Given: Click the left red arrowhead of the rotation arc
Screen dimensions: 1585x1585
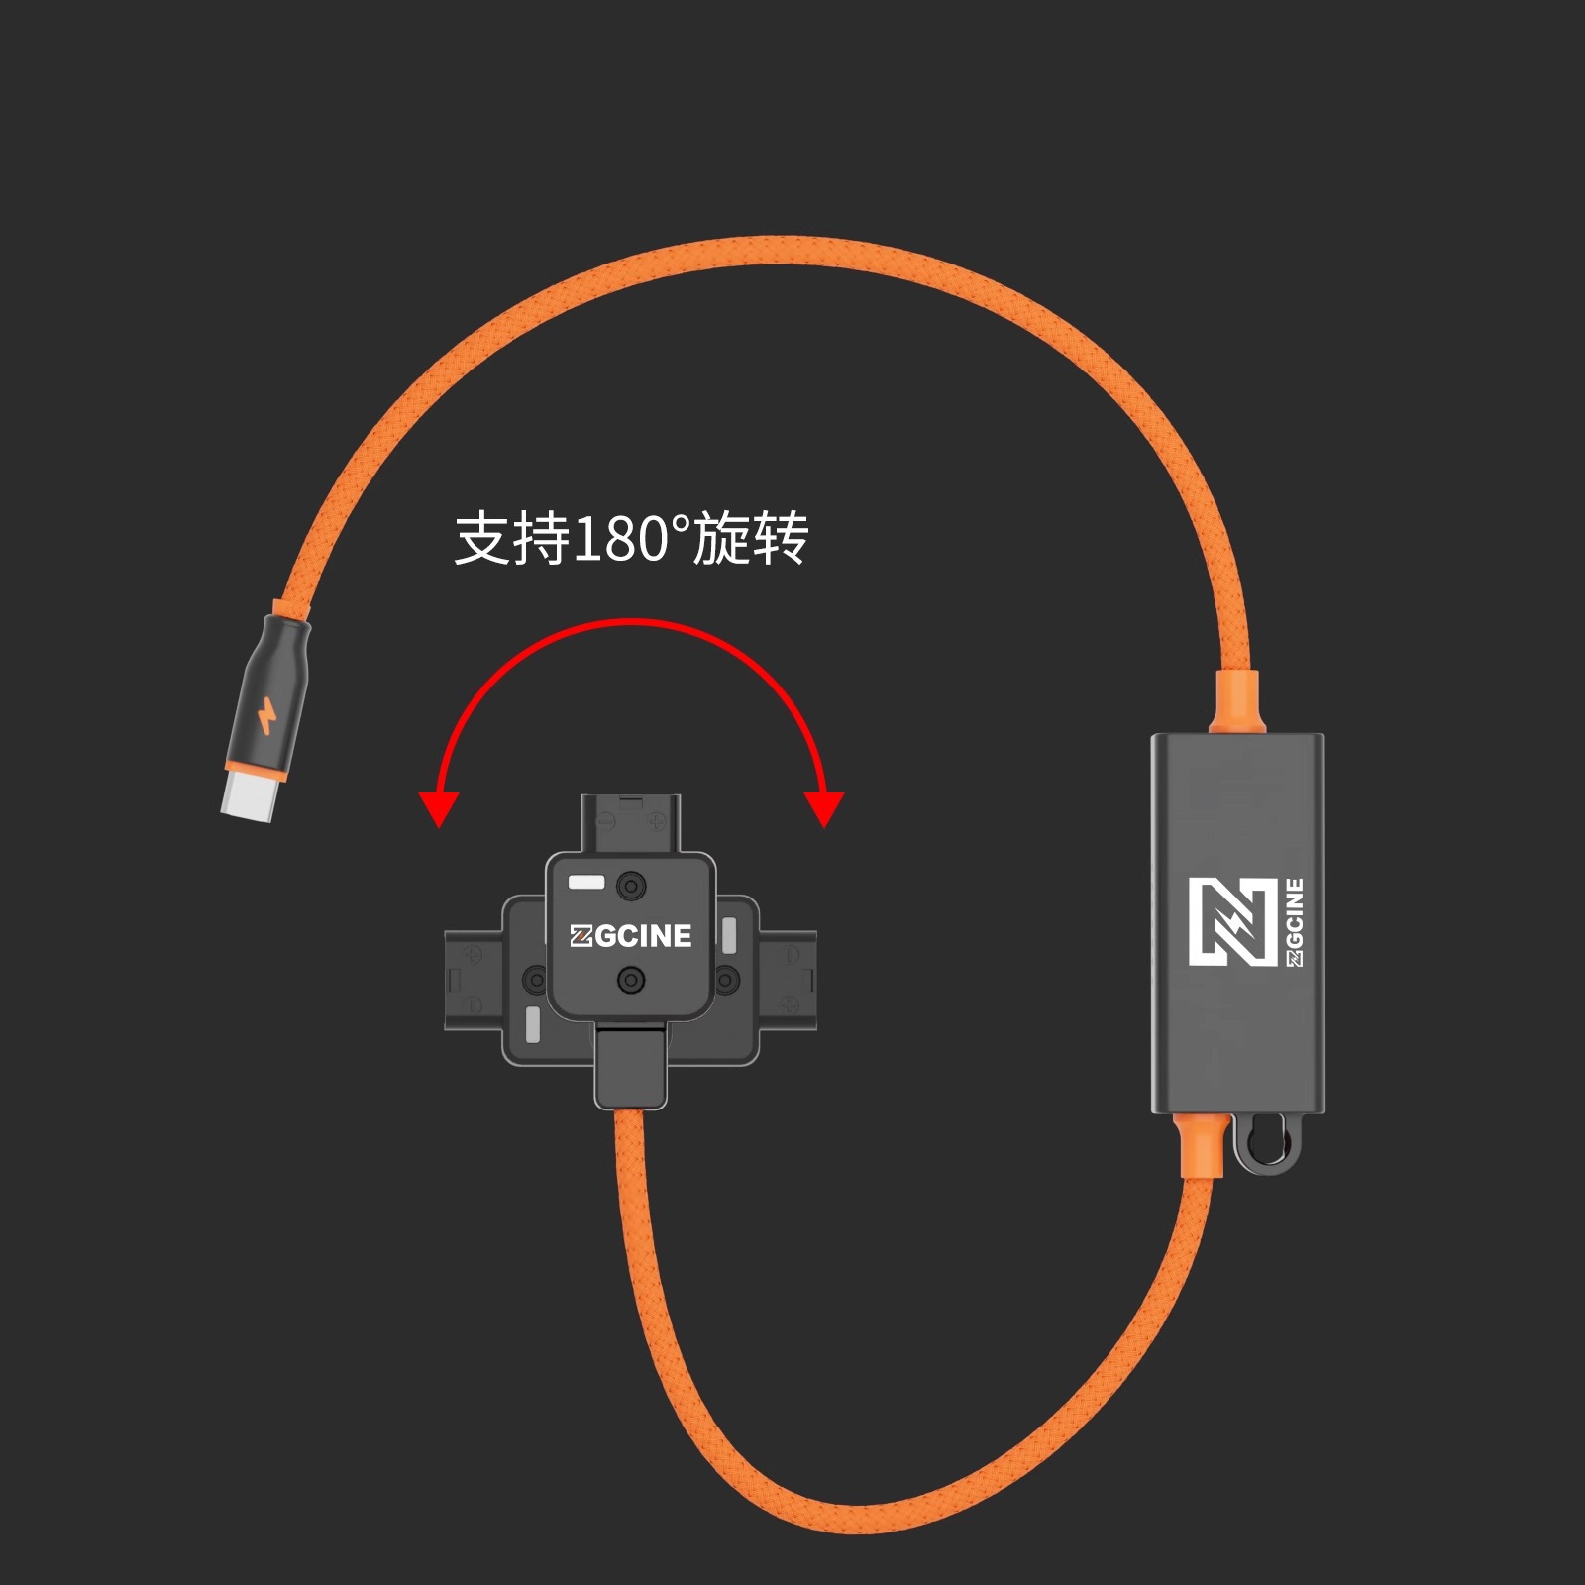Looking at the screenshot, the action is click(438, 807).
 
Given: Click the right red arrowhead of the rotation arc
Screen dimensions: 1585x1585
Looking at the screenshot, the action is click(824, 807).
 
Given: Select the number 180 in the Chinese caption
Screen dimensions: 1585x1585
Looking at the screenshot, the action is click(620, 540).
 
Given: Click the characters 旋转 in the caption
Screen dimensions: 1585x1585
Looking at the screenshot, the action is click(751, 540).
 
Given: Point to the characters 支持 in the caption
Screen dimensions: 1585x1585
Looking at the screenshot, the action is click(511, 540).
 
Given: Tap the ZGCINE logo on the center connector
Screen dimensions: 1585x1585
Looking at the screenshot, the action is click(631, 936).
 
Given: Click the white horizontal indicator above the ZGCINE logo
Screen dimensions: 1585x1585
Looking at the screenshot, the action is click(585, 881).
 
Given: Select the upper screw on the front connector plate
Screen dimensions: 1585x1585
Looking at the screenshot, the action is click(631, 885).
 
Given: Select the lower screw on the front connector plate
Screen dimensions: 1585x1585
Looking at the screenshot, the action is click(631, 981).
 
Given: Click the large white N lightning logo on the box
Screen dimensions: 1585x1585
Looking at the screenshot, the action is click(1233, 921).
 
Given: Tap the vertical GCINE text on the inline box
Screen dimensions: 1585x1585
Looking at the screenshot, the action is click(1294, 921).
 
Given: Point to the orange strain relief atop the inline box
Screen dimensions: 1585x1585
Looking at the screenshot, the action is click(1236, 703).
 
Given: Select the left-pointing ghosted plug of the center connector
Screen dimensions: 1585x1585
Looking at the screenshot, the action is click(474, 980).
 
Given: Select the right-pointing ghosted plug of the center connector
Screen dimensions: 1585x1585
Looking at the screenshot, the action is click(788, 980).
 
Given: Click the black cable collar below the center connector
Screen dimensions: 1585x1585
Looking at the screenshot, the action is click(631, 1068).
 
